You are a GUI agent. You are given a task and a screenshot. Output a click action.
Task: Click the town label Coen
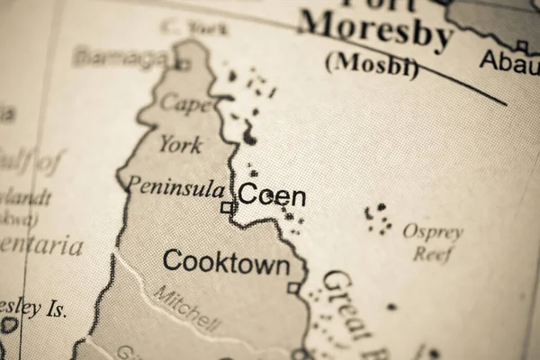pos(271,196)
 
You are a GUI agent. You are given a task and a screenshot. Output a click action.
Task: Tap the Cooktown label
pos(226,264)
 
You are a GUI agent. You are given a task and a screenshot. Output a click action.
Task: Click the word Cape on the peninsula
pos(185,103)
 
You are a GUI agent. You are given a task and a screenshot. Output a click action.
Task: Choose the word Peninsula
pos(175,187)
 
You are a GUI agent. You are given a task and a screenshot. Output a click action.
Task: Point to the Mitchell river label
pos(185,307)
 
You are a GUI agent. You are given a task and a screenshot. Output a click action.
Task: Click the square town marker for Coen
pos(228,208)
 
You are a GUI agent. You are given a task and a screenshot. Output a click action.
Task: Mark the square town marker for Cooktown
pos(293,288)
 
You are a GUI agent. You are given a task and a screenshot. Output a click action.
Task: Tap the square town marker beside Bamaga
pos(183,64)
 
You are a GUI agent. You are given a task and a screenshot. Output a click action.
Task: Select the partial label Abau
pos(509,60)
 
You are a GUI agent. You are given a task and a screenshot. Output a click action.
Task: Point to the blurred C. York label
pos(193,28)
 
